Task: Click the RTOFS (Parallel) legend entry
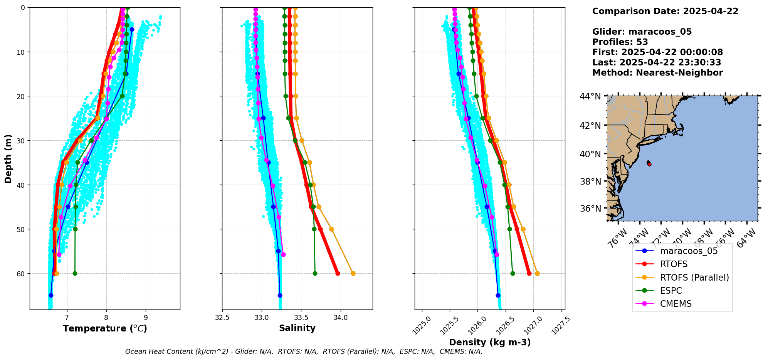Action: (694, 278)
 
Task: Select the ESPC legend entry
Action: (671, 291)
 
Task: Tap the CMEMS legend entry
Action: (676, 304)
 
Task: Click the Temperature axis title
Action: (105, 328)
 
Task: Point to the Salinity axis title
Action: (297, 328)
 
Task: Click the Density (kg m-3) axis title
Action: (490, 342)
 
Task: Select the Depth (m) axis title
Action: (8, 159)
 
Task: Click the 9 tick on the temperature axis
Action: (146, 317)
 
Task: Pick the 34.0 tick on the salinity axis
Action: (340, 318)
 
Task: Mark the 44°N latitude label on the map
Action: (590, 96)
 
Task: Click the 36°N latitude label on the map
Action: (590, 209)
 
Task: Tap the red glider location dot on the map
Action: (649, 164)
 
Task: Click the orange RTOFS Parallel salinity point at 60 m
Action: (353, 274)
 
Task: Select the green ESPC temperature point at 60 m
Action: (75, 274)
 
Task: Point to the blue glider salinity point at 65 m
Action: (280, 295)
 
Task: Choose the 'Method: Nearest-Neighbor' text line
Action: (657, 73)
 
